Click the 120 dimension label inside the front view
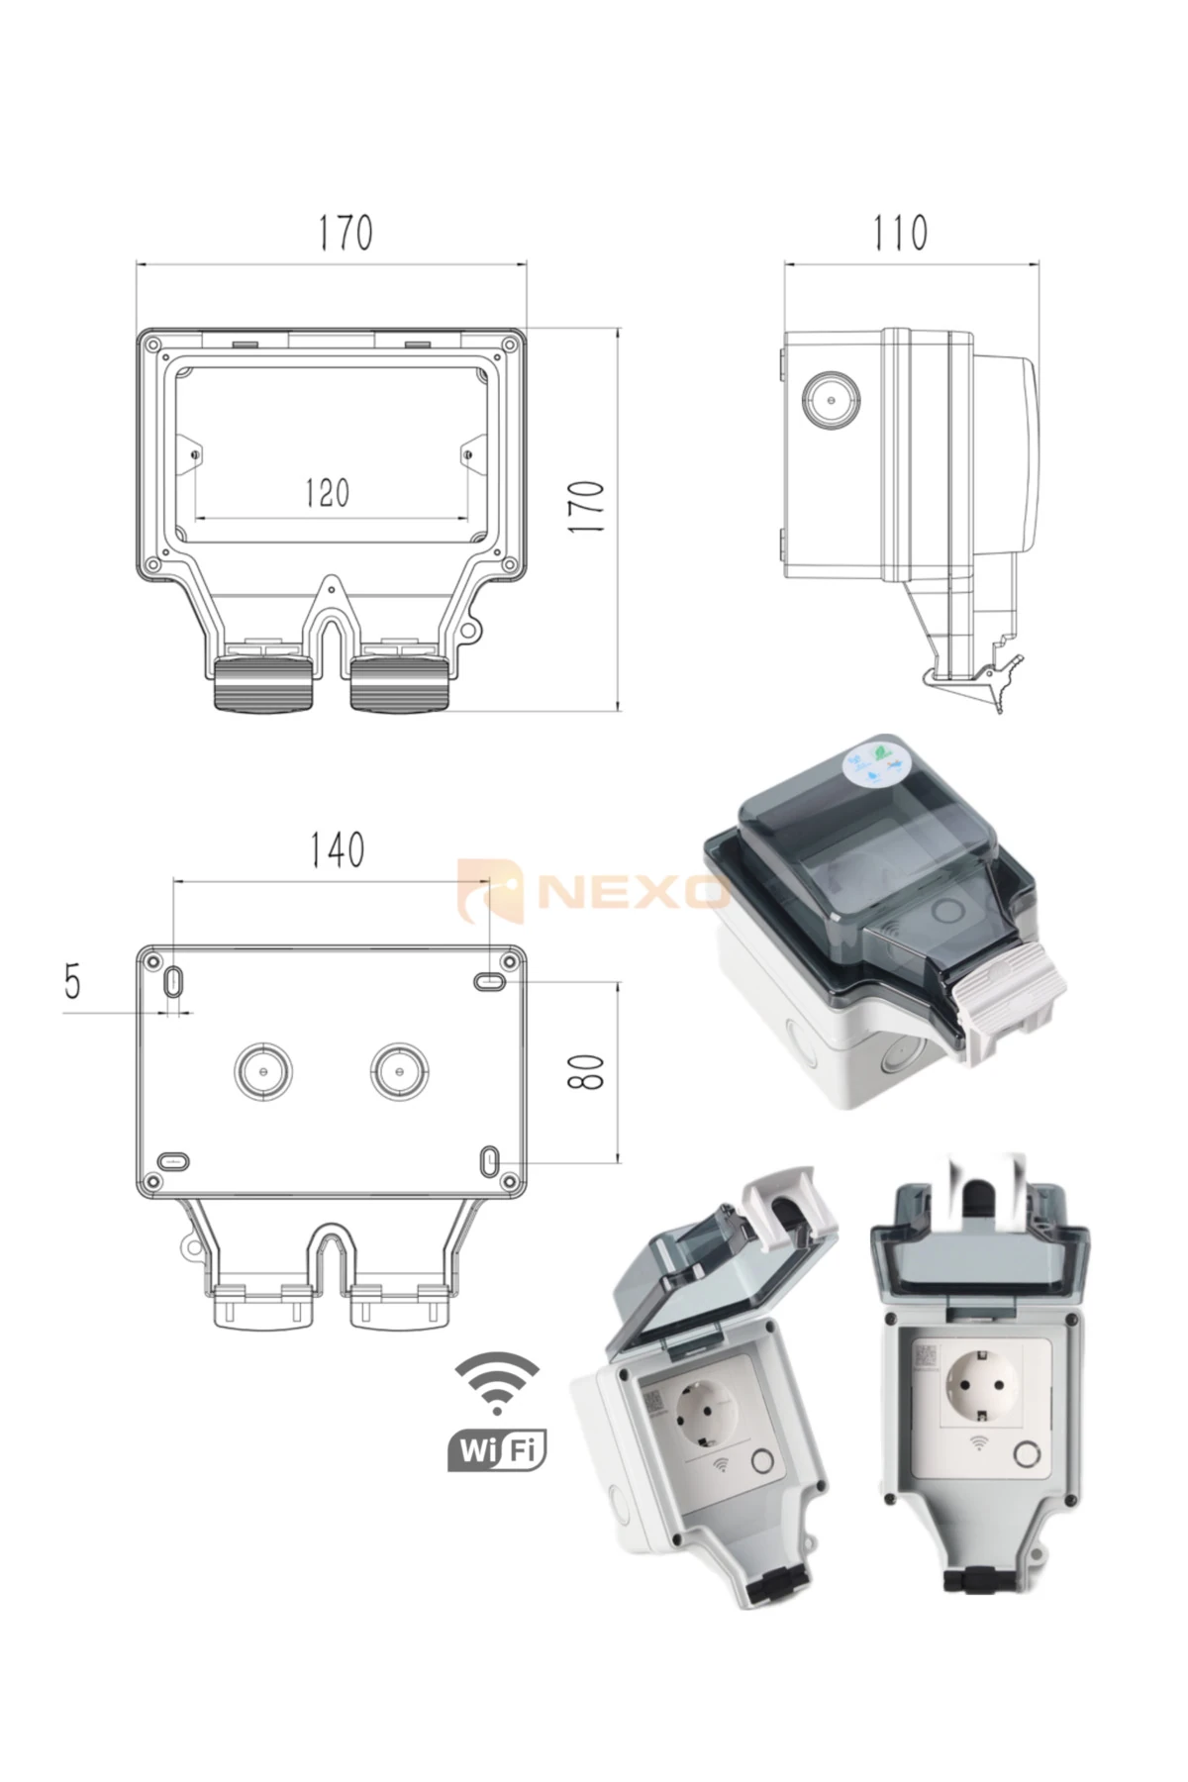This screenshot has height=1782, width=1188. coord(327,492)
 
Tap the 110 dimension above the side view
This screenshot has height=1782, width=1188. coord(900,233)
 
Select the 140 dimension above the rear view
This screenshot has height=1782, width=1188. coord(338,849)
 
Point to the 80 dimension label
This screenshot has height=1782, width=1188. coord(586,1070)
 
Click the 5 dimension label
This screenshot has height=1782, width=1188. coord(72,983)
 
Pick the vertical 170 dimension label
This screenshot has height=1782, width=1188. coord(588,508)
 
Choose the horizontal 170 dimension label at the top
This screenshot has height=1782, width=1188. coord(346,233)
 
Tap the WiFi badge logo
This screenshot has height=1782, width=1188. coord(497,1412)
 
